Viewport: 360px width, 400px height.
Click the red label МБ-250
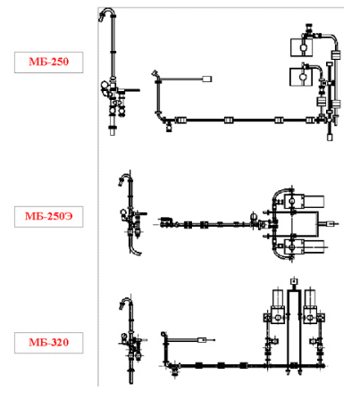49,62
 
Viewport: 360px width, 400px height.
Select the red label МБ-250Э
49,216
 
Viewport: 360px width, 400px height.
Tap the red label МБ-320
49,342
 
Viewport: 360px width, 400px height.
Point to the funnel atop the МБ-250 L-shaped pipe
155,73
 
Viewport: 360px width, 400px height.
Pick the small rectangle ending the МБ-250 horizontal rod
207,79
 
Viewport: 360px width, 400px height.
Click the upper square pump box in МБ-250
301,47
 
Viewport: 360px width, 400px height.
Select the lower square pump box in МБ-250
301,77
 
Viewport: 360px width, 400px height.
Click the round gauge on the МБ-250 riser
105,85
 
